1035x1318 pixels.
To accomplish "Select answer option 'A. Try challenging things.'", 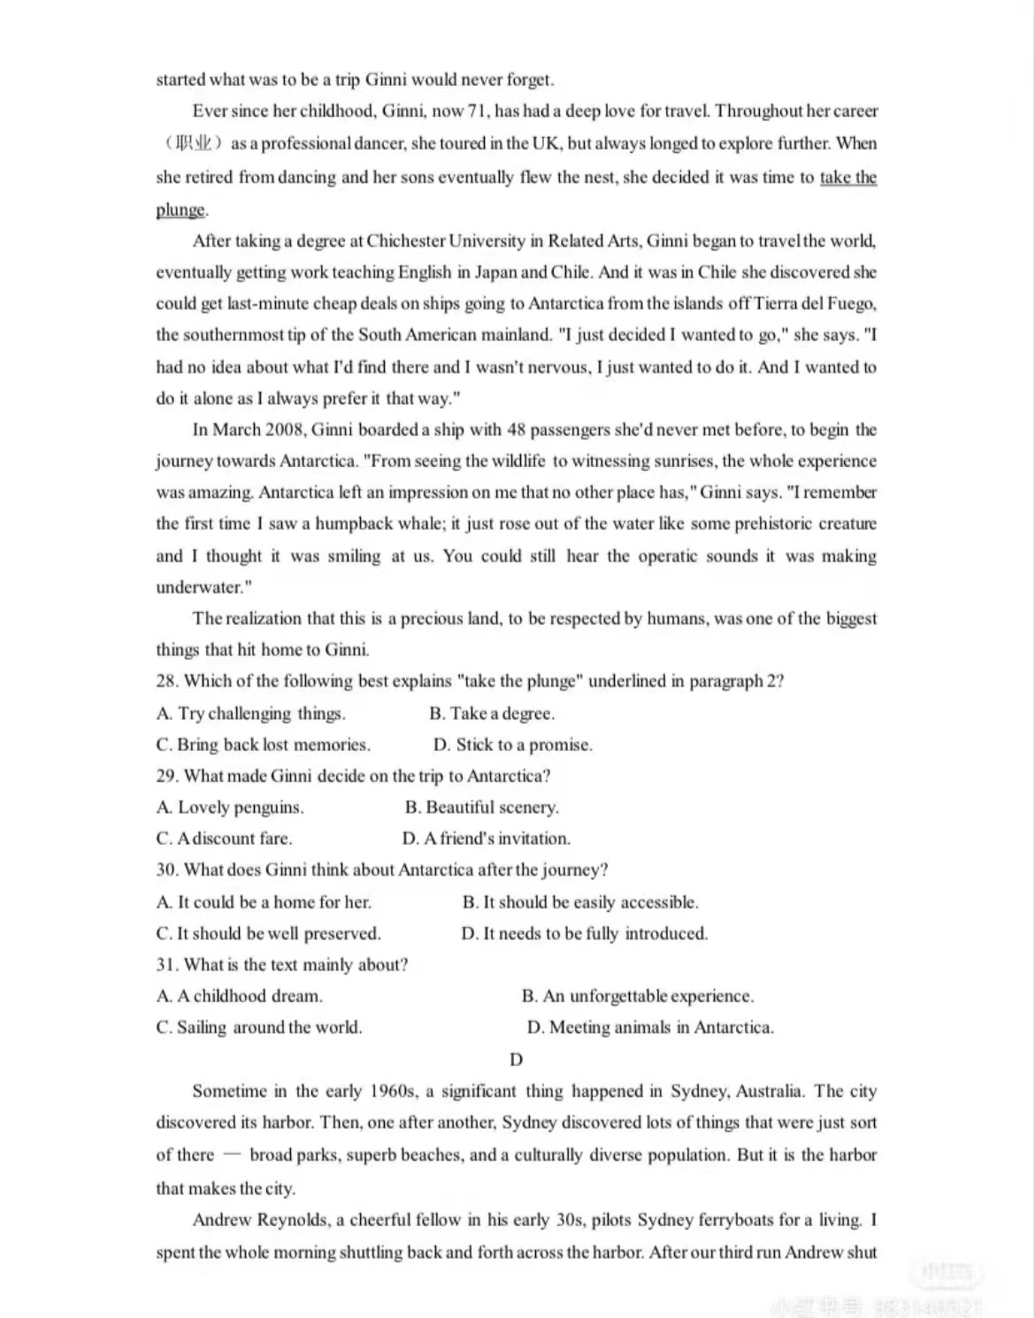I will (x=250, y=714).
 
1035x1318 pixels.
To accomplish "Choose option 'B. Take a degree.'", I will (x=492, y=714).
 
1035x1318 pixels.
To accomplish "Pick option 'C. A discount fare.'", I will (x=224, y=839).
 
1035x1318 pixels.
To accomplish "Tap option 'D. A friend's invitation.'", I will (x=486, y=839).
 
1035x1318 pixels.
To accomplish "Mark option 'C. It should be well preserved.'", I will (x=268, y=934).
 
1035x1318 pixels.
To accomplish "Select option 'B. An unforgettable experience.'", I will (x=637, y=996).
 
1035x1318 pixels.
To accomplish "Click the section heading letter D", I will (x=517, y=1060).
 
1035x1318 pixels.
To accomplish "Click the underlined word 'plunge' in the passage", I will (x=180, y=210).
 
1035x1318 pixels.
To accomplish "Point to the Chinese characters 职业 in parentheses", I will (x=194, y=143).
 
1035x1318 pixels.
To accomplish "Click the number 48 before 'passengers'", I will (x=517, y=430).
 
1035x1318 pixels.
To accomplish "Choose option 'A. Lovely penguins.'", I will (x=229, y=808).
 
